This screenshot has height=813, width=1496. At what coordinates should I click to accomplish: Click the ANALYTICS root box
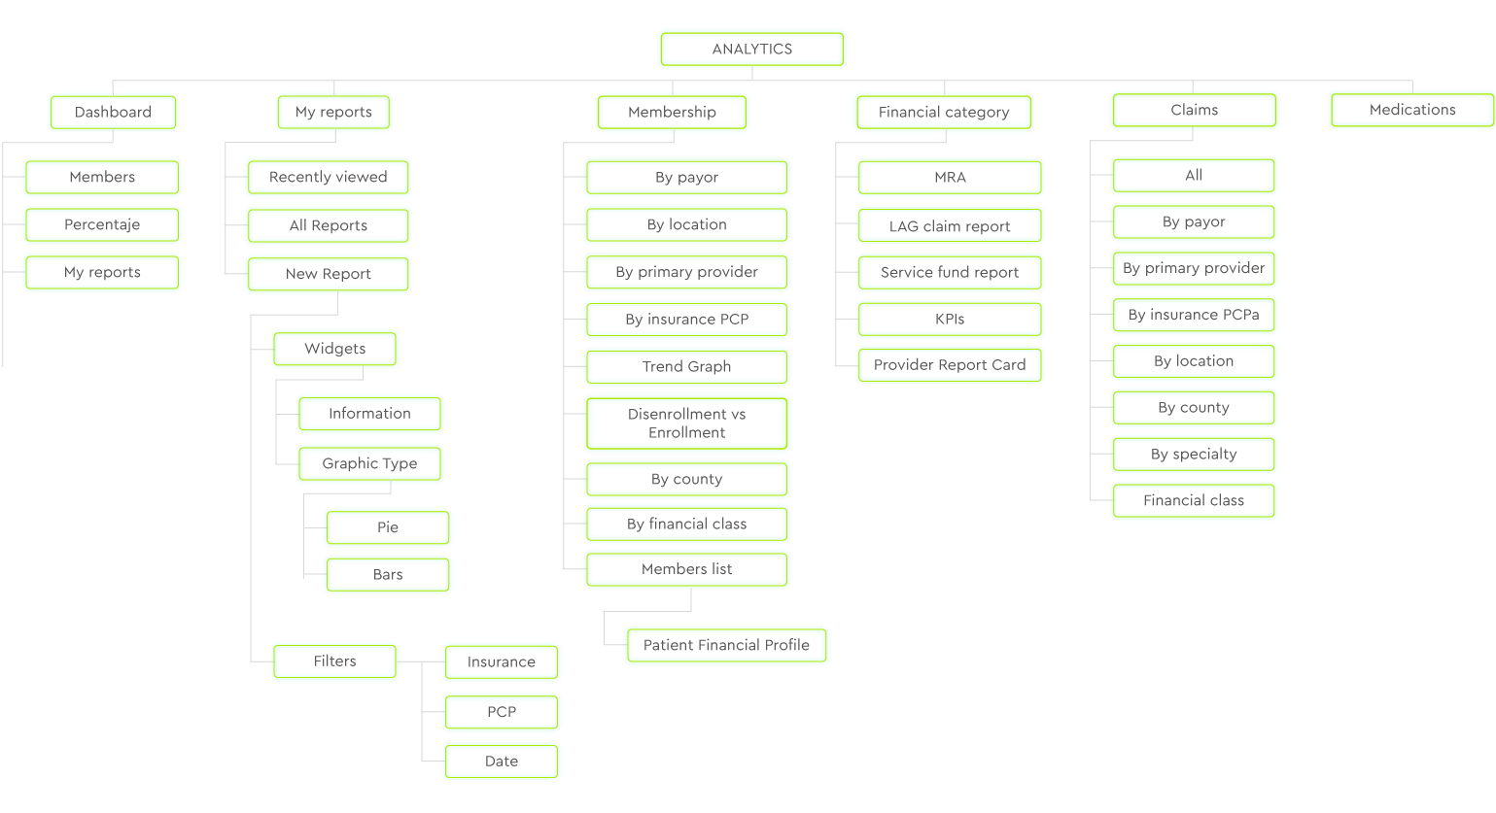coord(752,50)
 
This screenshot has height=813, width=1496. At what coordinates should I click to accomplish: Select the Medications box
coord(1411,110)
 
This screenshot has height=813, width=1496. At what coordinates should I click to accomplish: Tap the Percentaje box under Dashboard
coord(102,224)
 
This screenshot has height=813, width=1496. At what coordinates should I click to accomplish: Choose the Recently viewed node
coord(328,177)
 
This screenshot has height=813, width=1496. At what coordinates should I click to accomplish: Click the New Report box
coord(328,274)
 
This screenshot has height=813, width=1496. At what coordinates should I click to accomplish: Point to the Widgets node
coord(334,349)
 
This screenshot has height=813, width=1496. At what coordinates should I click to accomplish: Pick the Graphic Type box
coord(369,463)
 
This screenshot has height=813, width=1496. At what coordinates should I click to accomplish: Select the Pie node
coord(387,527)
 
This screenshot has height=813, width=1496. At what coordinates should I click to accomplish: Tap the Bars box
coord(387,574)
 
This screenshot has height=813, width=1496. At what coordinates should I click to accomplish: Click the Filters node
coord(334,661)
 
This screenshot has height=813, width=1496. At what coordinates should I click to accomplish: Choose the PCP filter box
coord(502,712)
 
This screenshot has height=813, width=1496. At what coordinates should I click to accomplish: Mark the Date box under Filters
coord(502,762)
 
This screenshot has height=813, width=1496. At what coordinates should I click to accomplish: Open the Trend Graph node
coord(686,366)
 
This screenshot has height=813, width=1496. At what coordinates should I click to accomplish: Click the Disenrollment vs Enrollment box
coord(686,423)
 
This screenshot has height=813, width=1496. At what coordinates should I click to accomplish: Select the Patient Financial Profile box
coord(726,645)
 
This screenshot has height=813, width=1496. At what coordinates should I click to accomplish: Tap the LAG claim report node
coord(950,225)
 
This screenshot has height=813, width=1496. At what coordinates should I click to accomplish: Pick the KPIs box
coord(950,319)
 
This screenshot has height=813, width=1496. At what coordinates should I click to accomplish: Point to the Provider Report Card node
coord(950,364)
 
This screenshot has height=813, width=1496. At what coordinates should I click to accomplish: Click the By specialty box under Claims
coord(1194,454)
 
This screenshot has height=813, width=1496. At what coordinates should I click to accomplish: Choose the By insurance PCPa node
coord(1194,315)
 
